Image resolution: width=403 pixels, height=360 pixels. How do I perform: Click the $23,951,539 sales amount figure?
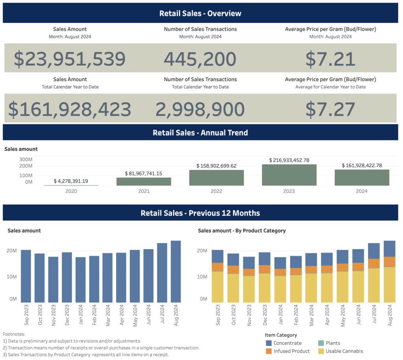click(x=70, y=59)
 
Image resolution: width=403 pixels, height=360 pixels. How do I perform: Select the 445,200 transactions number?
click(x=200, y=59)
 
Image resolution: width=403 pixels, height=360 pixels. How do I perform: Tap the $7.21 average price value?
click(x=330, y=59)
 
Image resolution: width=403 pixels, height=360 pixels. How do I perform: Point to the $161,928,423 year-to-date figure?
click(x=70, y=109)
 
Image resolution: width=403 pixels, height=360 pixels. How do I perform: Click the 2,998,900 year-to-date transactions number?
click(x=200, y=109)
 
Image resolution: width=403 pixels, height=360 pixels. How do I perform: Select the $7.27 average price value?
click(x=330, y=109)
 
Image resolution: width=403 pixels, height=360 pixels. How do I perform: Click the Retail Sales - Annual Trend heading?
click(x=200, y=133)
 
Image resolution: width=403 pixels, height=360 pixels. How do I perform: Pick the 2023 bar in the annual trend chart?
click(x=289, y=175)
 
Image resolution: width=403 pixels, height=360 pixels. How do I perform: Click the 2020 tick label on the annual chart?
click(x=71, y=191)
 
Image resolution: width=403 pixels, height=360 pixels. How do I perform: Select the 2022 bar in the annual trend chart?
click(x=216, y=177)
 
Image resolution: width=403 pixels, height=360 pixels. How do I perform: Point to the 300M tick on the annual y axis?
click(x=25, y=159)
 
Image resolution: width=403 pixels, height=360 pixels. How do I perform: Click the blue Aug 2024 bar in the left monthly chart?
click(x=176, y=271)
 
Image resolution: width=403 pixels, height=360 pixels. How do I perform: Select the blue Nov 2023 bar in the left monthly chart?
click(x=53, y=279)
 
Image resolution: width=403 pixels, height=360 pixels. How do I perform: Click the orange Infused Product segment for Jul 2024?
click(x=374, y=263)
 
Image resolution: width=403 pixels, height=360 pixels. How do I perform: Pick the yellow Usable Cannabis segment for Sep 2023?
click(x=218, y=286)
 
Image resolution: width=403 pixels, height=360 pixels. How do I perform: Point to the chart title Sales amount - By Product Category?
click(x=242, y=231)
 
